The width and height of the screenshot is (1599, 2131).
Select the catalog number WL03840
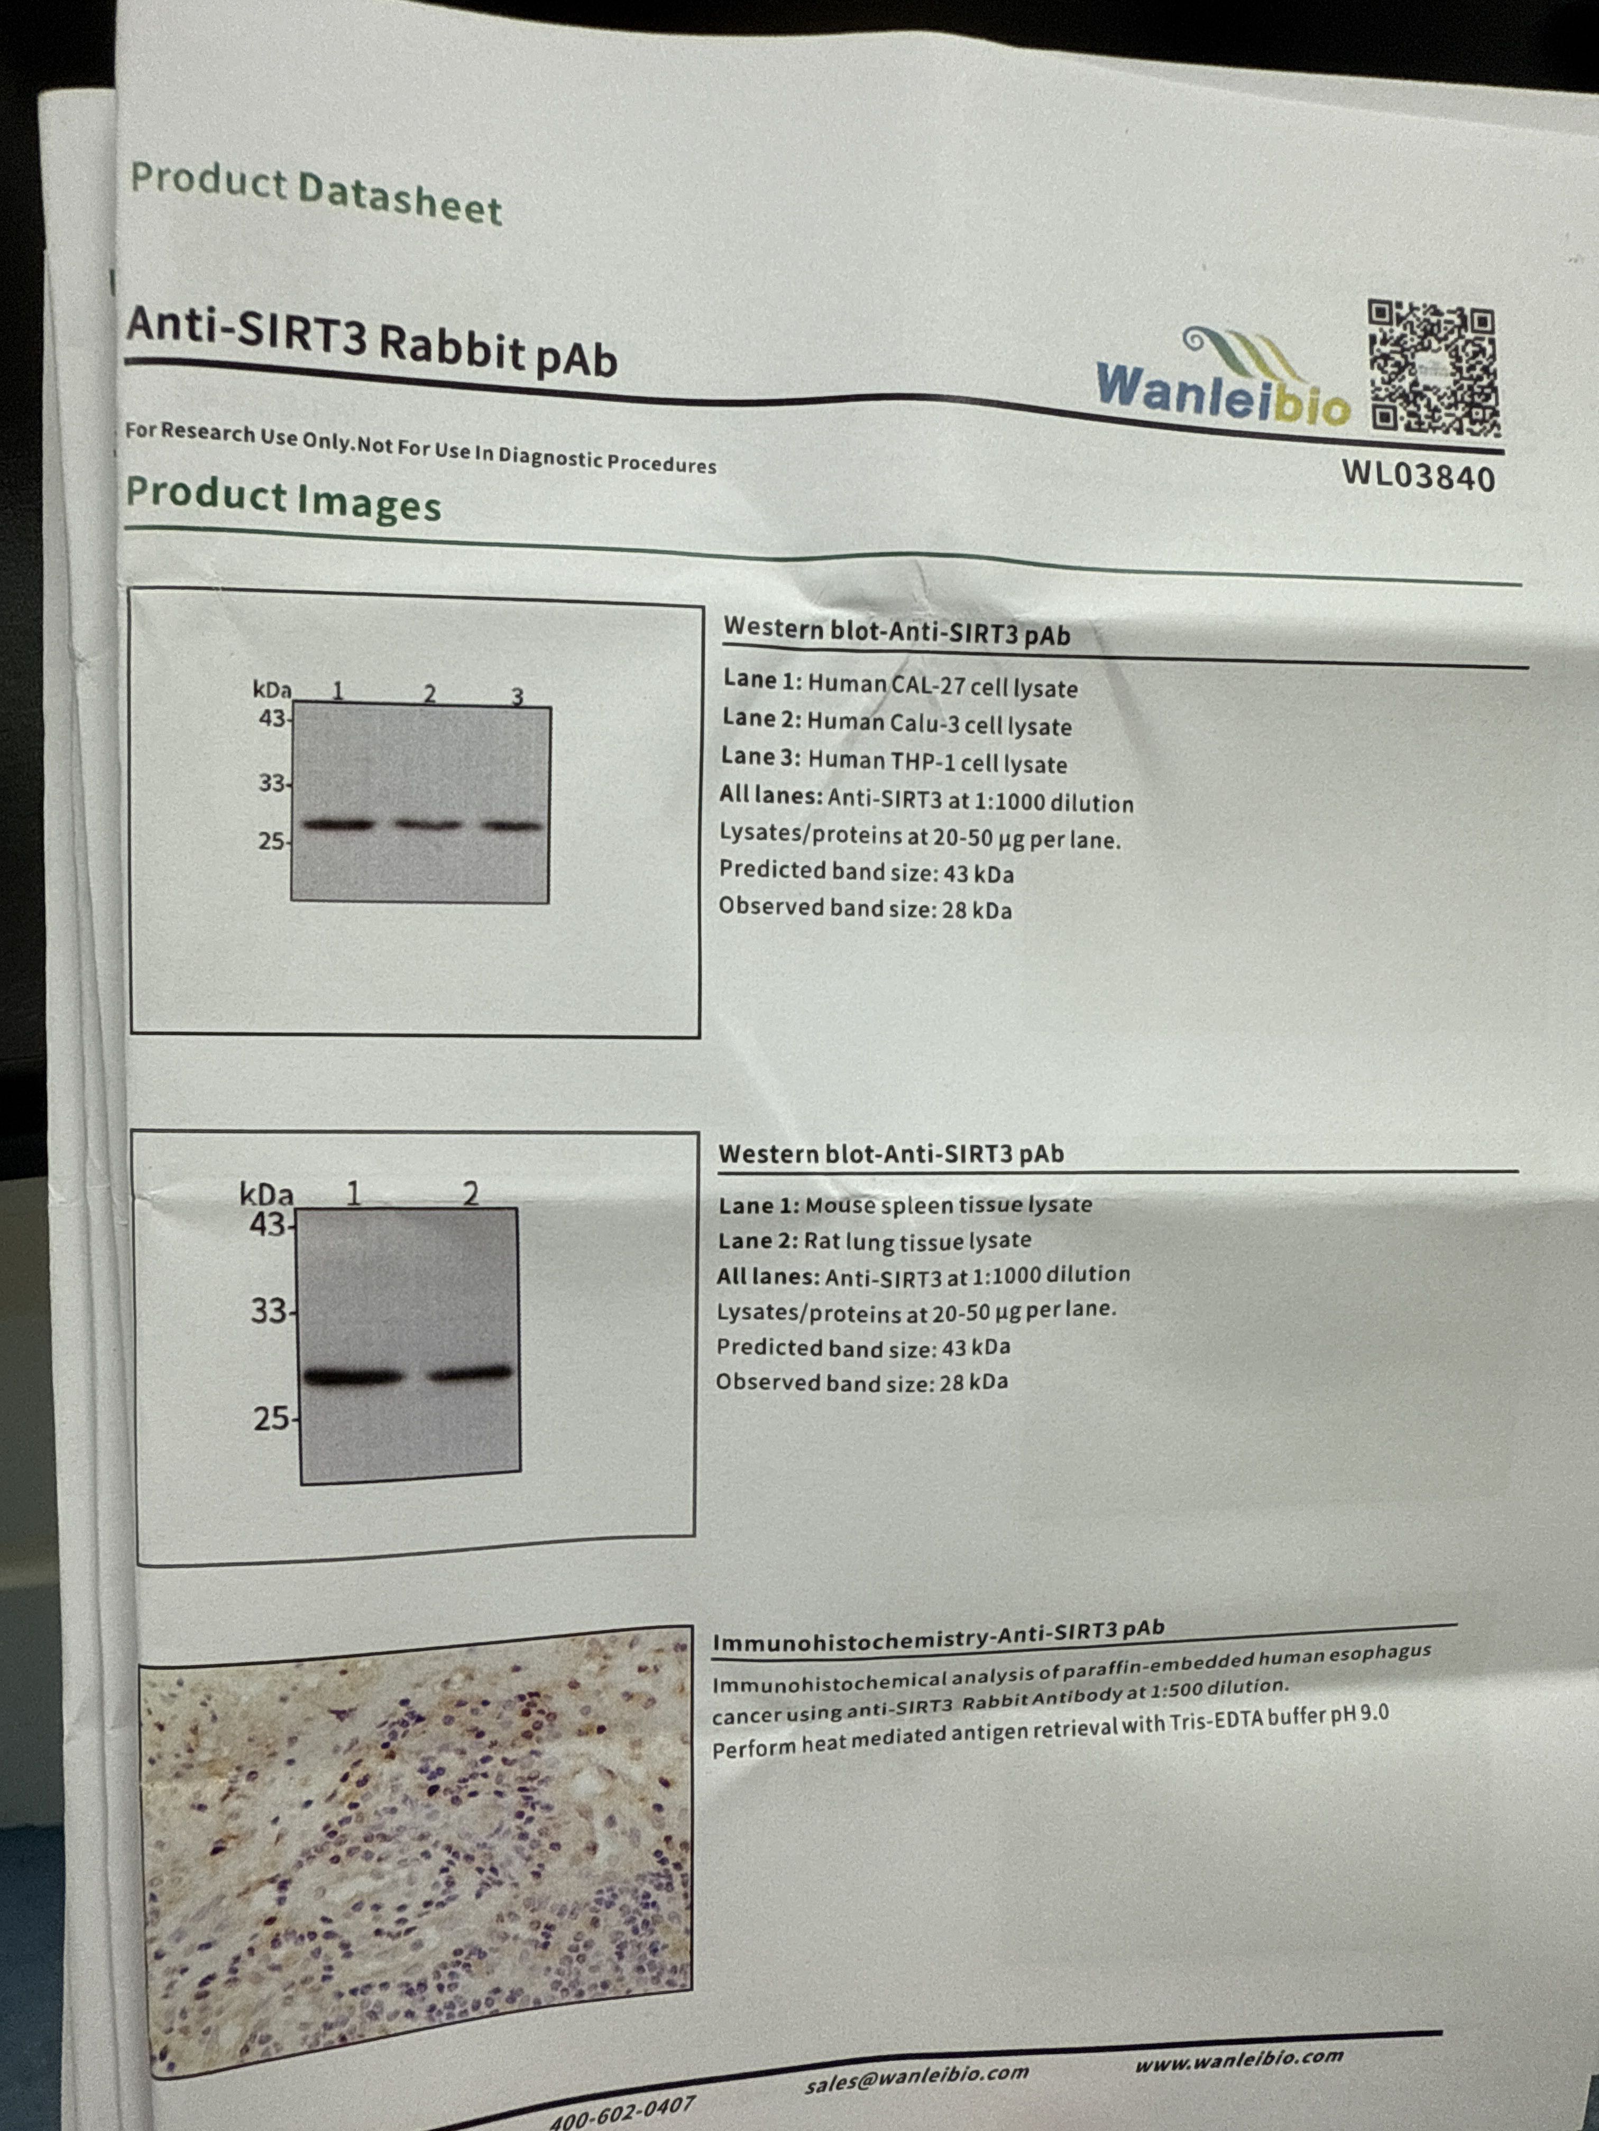[x=1419, y=475]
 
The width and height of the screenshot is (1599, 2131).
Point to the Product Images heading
[x=283, y=498]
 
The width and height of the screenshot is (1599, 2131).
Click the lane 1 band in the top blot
[x=337, y=823]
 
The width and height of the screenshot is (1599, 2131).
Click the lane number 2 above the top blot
[x=429, y=693]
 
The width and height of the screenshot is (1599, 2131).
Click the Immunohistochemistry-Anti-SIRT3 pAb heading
[x=938, y=1635]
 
